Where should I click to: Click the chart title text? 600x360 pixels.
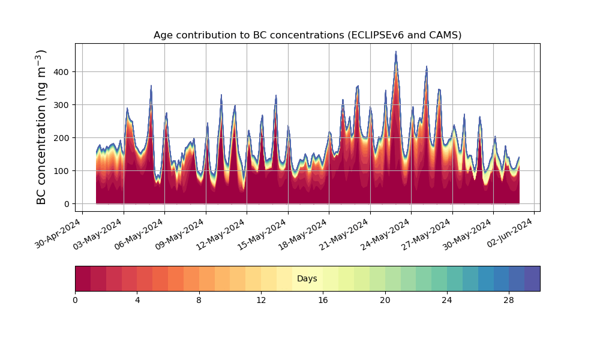pos(307,35)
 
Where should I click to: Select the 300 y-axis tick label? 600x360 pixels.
pos(64,105)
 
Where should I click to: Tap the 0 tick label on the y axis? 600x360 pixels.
pos(67,204)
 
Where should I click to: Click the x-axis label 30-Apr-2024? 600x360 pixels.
pos(58,233)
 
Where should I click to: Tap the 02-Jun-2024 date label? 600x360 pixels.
pos(510,233)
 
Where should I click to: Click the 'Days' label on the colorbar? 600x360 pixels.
pos(307,278)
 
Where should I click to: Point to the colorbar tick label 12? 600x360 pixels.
pos(261,301)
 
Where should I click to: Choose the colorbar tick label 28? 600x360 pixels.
pos(509,301)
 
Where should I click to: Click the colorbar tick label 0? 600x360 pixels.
pos(75,301)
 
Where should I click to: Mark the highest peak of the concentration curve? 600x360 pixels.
pos(396,52)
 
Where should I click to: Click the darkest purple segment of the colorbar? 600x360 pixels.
pos(532,278)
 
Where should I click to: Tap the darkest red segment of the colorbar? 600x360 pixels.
pos(83,278)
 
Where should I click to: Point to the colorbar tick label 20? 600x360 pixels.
pos(385,301)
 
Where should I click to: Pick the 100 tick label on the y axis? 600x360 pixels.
pos(64,171)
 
